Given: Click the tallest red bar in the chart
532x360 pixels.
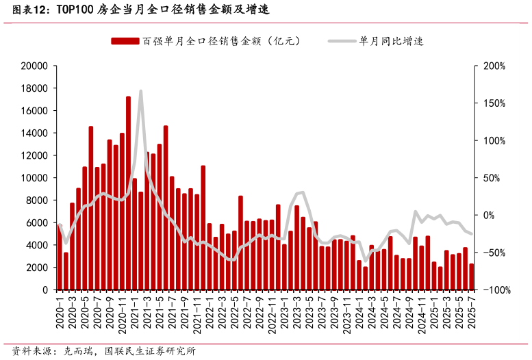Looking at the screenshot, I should point(128,193).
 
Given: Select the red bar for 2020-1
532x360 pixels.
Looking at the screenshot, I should point(60,257).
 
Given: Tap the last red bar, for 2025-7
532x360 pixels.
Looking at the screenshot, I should point(472,277).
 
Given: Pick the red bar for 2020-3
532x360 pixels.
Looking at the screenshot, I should point(72,246).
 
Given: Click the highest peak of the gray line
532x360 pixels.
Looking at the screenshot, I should point(140,91).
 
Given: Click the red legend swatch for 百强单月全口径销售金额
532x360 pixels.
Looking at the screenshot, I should point(125,41).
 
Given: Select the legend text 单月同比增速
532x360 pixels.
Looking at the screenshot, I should point(391,41).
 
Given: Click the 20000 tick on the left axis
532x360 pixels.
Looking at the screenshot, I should point(34,66).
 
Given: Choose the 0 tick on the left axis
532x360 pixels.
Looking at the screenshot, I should point(45,290).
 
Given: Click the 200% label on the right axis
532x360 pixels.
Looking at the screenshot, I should point(494,66).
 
